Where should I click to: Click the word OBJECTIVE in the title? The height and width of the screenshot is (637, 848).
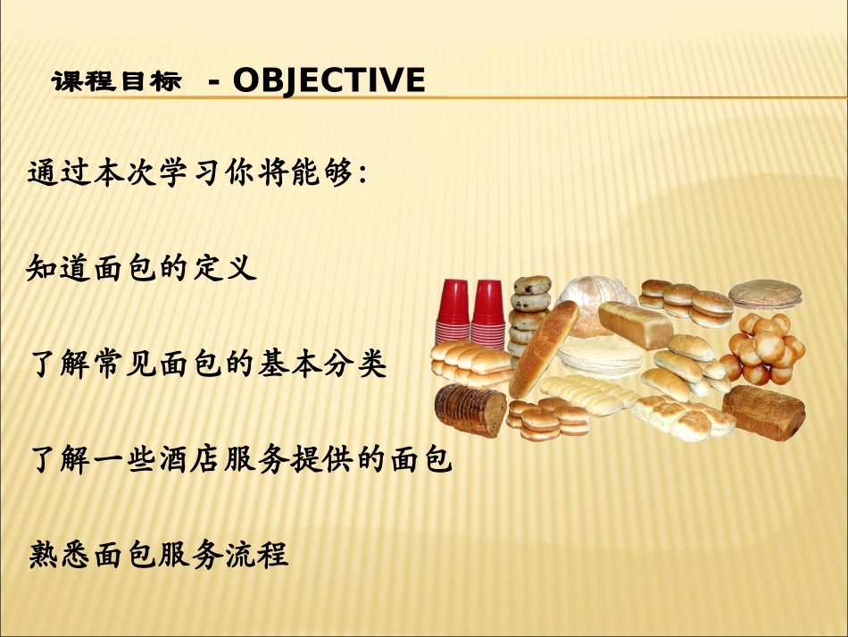[x=328, y=80]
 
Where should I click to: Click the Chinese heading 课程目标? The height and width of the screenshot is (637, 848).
[x=116, y=81]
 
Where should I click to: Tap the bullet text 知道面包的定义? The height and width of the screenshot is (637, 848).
[x=142, y=267]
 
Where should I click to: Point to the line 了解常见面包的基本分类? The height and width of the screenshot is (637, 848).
[x=208, y=363]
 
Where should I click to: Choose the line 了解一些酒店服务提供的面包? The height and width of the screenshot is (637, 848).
[x=241, y=459]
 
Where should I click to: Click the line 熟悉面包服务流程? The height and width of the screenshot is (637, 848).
[x=158, y=554]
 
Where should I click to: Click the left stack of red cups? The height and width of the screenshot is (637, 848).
[x=453, y=311]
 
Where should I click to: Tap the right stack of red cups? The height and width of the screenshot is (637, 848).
[x=487, y=314]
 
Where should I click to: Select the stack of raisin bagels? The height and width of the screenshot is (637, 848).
[x=529, y=314]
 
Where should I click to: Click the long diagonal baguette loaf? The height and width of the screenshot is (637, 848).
[x=544, y=349]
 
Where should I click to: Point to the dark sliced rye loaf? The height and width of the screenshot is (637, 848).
[x=470, y=410]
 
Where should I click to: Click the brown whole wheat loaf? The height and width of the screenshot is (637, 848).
[x=763, y=413]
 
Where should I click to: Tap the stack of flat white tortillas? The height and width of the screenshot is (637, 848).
[x=601, y=356]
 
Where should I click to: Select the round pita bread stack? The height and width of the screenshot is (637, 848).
[x=765, y=294]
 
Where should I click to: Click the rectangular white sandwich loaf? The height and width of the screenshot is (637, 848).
[x=636, y=324]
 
